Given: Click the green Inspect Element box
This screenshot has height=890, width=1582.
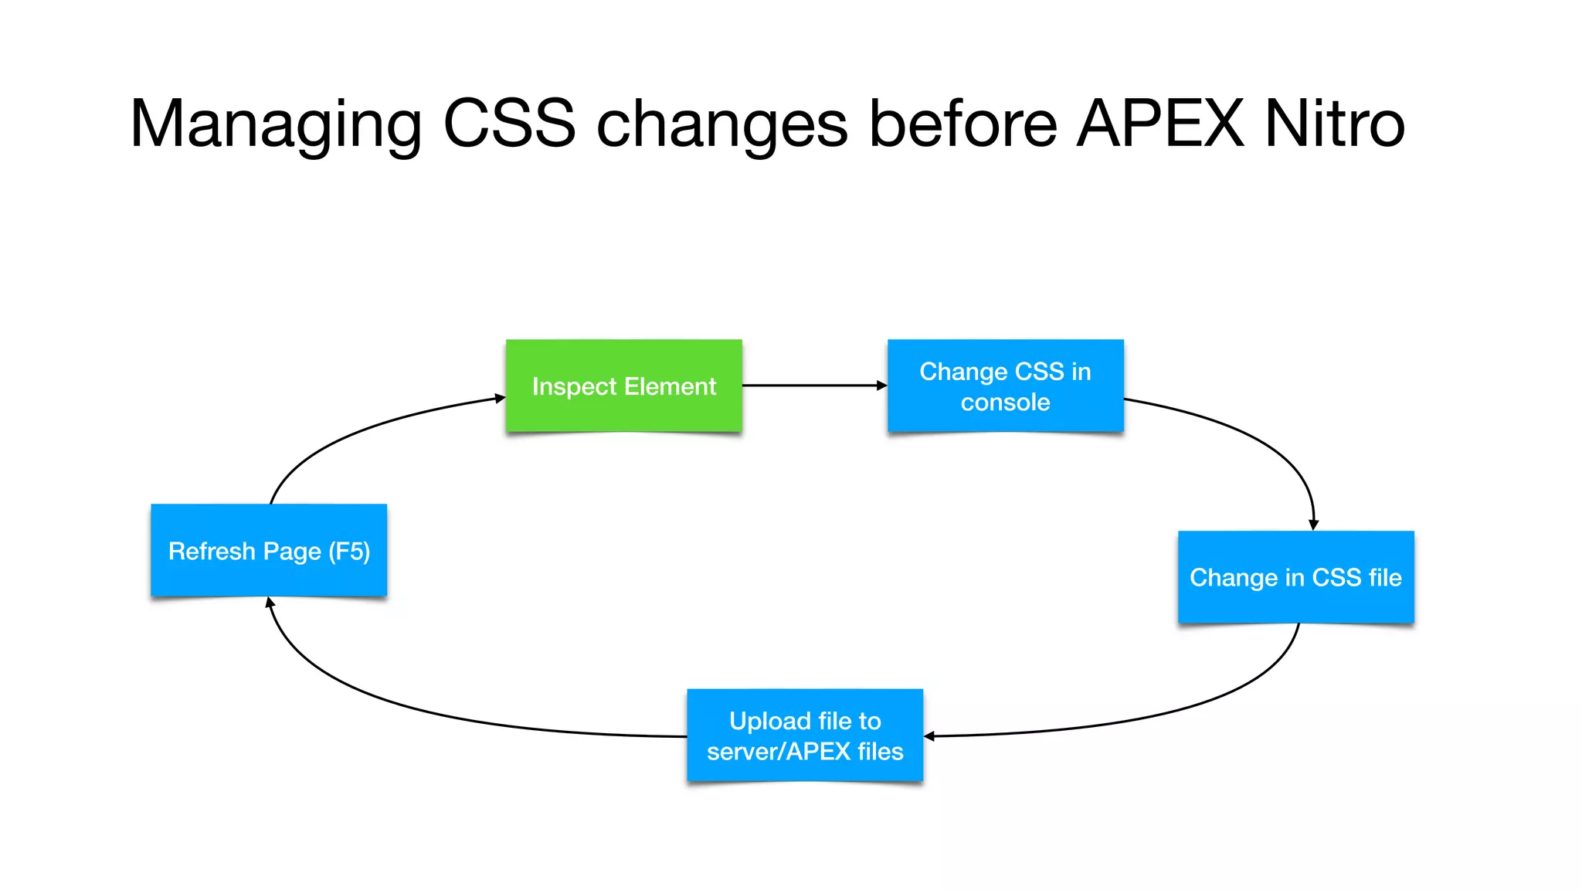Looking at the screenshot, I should tap(623, 385).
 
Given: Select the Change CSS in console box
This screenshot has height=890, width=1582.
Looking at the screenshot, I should tap(1005, 385).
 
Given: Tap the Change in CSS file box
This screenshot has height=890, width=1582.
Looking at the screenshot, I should tap(1295, 576).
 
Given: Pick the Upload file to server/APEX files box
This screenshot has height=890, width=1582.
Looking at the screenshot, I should tap(804, 735).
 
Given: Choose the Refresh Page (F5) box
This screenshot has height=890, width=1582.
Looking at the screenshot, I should tap(268, 549).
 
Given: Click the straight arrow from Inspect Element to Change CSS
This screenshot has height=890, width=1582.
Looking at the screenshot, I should tap(811, 385).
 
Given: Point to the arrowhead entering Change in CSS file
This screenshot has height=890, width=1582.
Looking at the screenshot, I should tap(1313, 525).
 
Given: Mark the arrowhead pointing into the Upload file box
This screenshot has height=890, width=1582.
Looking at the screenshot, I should tap(930, 736).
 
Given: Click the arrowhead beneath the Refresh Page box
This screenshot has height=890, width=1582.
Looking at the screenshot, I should tap(270, 603).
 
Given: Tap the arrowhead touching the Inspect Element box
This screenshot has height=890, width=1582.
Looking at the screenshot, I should tap(499, 398).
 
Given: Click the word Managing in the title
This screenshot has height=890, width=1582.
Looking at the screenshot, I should tap(276, 124).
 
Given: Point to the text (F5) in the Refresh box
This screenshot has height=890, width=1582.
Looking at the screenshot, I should tap(349, 551).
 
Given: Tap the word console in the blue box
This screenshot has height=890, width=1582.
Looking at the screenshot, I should tap(1005, 402).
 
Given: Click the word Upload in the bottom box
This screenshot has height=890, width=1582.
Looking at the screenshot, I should tap(769, 721).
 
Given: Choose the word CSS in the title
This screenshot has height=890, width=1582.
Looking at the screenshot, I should tap(509, 124).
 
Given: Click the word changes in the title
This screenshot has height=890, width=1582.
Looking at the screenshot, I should tap(721, 124).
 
